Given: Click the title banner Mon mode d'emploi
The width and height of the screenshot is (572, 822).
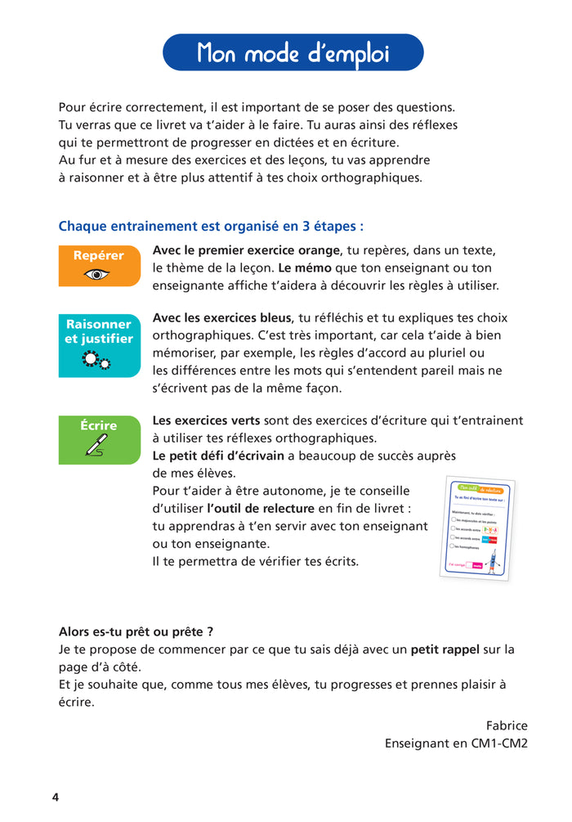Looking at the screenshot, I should click(x=293, y=53).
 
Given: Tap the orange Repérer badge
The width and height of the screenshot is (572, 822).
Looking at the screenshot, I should click(x=99, y=265).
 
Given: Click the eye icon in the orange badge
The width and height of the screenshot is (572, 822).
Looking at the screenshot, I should click(x=98, y=275).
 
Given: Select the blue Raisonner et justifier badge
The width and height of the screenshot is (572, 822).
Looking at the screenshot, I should click(x=99, y=344).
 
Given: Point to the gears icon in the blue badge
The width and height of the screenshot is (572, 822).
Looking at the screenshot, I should click(x=96, y=361).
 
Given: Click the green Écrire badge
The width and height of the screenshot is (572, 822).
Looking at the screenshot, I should click(x=99, y=439).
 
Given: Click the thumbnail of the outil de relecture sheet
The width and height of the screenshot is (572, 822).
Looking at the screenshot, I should click(x=475, y=527).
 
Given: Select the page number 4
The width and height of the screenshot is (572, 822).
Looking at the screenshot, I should click(x=56, y=797).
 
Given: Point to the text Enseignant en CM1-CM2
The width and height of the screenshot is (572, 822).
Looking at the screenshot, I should click(x=456, y=744).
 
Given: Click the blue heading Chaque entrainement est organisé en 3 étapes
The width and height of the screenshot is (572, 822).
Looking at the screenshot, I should click(x=211, y=226).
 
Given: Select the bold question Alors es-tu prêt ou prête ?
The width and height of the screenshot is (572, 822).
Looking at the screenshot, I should click(x=136, y=631).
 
